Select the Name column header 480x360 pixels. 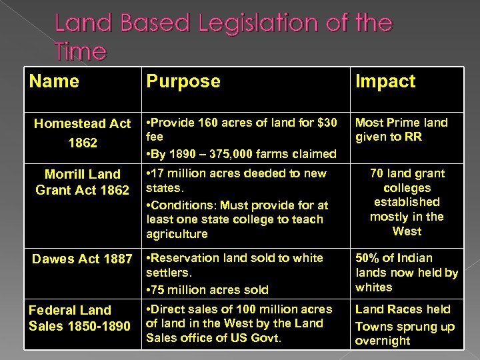click(55, 81)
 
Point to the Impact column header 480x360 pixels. click(386, 81)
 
